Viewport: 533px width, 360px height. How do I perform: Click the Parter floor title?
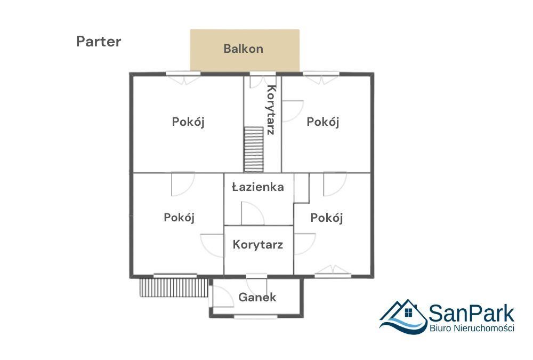[x=99, y=42]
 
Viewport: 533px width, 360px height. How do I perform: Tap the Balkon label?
[x=244, y=49]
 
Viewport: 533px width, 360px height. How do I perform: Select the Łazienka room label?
[x=257, y=187]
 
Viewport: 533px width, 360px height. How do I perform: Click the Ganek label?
[x=257, y=297]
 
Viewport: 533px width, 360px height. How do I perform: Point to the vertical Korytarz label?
[x=271, y=110]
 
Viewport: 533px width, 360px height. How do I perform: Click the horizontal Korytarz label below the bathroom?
[x=257, y=245]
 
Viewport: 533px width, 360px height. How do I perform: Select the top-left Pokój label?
[x=188, y=122]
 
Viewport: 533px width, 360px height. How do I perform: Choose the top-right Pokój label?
[x=323, y=122]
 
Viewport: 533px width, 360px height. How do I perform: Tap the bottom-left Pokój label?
[x=180, y=218]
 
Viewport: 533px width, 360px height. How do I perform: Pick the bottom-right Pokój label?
[x=326, y=218]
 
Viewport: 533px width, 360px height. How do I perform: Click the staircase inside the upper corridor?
[x=254, y=149]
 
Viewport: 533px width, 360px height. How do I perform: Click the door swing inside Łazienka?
[x=252, y=213]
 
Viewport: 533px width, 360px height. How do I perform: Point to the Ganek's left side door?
[x=220, y=296]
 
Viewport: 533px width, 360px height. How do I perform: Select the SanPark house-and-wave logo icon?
[x=403, y=316]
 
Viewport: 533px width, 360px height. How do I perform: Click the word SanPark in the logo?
[x=471, y=313]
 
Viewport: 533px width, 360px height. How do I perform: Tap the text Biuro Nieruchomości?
[x=471, y=329]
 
